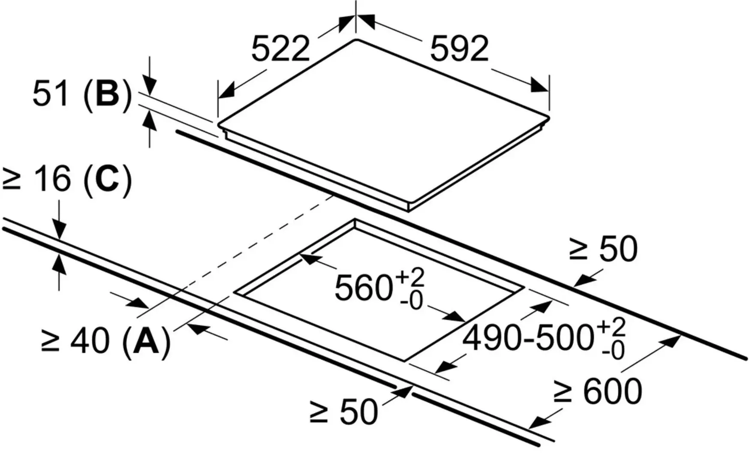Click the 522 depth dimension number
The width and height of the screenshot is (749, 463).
pyautogui.click(x=280, y=48)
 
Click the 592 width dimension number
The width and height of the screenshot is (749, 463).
pyautogui.click(x=459, y=48)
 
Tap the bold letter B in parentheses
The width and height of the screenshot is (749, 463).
pyautogui.click(x=108, y=94)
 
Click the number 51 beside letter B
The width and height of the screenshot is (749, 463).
pyautogui.click(x=51, y=94)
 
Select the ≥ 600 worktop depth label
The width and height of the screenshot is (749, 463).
pyautogui.click(x=597, y=391)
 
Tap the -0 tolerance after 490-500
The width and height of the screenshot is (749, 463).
pyautogui.click(x=613, y=351)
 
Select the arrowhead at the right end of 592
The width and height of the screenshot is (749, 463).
pyautogui.click(x=539, y=85)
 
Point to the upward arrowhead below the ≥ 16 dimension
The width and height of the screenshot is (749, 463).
pyautogui.click(x=59, y=262)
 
